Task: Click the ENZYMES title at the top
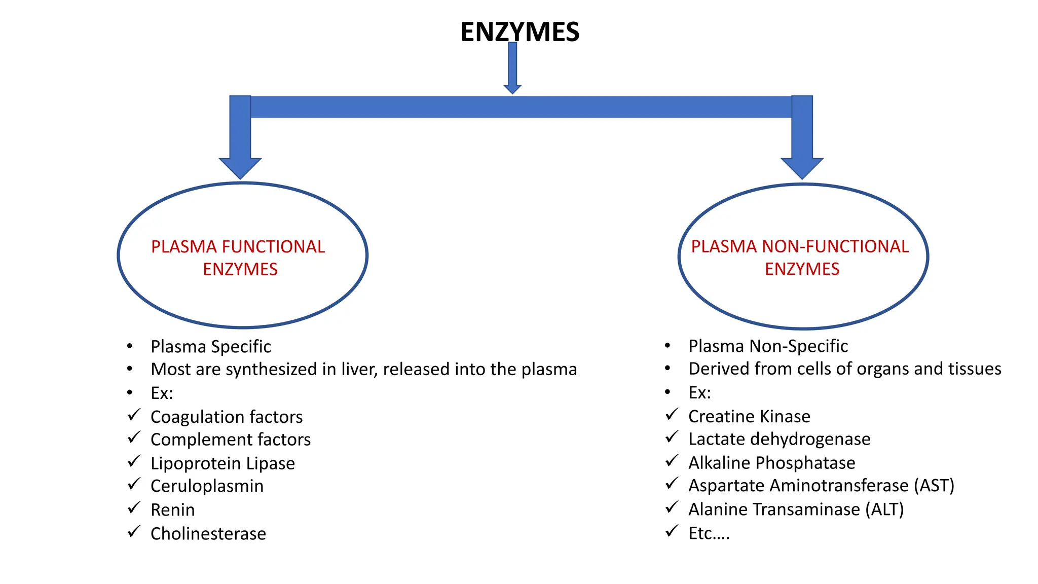pos(520,31)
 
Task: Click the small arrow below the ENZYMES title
pos(512,68)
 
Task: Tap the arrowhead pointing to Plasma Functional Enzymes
pos(240,167)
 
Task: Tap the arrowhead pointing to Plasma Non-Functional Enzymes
pos(802,167)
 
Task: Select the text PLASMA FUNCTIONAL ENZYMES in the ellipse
pos(239,258)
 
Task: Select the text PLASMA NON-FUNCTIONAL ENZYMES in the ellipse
pos(800,258)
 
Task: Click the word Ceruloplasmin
pos(207,486)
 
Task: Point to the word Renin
pos(172,509)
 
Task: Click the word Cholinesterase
pos(208,534)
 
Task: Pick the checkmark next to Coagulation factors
pos(134,415)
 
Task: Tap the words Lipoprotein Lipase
pos(223,463)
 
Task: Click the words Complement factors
pos(231,440)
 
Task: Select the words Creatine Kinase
pos(749,416)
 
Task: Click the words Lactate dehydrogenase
pos(779,439)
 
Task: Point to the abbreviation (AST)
pos(934,486)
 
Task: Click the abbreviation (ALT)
pos(884,509)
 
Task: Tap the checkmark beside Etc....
pos(672,531)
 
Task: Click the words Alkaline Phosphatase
pos(771,463)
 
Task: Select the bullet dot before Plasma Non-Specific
pos(668,346)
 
